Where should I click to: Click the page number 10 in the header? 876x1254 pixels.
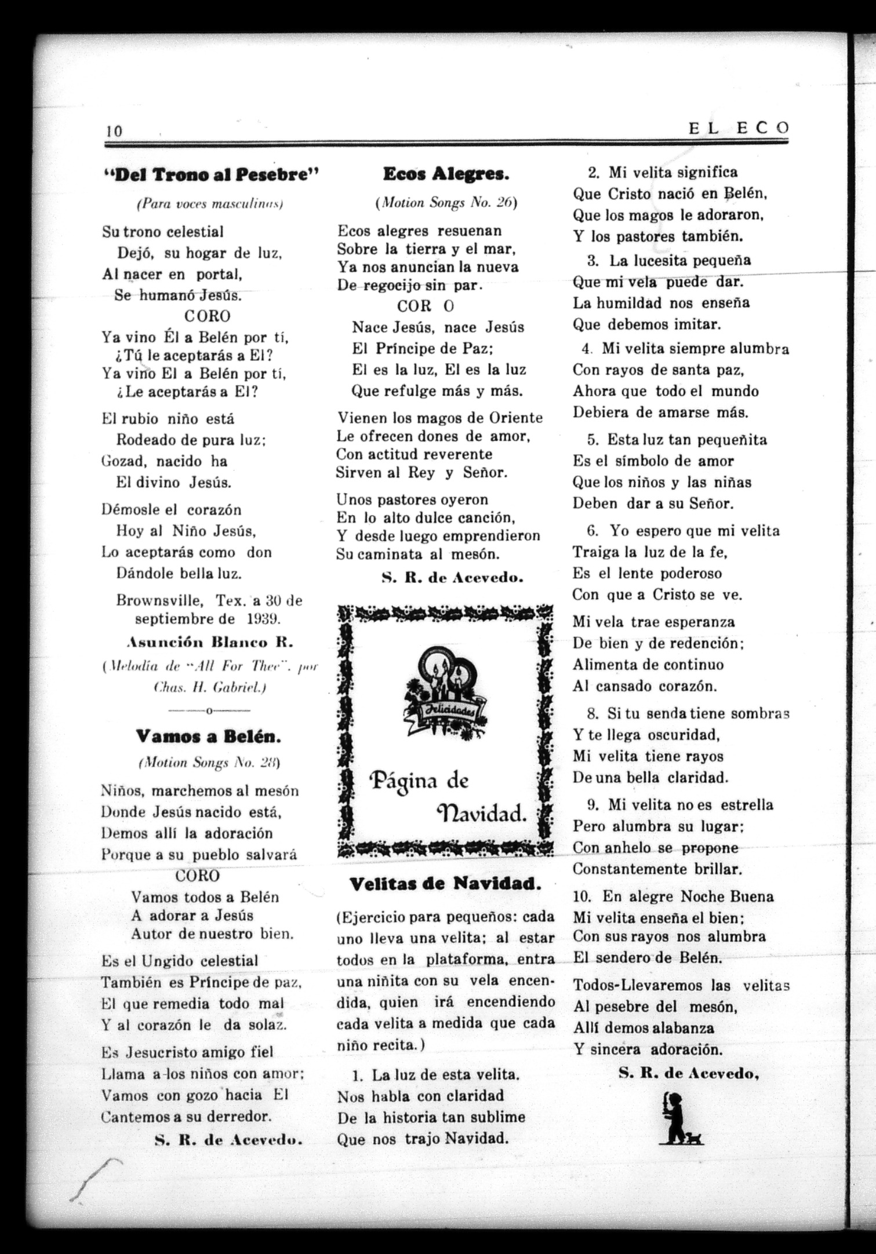coord(114,131)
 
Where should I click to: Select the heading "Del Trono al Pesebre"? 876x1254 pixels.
coord(211,174)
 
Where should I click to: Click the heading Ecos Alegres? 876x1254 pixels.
coord(446,173)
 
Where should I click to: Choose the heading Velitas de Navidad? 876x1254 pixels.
coord(445,884)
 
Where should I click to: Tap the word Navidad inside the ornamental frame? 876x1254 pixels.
coord(482,814)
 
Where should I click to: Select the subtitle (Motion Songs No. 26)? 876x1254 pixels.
coord(445,203)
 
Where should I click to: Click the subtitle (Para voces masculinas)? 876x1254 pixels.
coord(209,204)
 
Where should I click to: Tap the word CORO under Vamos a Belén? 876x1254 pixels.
coord(197,875)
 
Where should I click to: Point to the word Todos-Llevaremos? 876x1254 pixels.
coord(638,985)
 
